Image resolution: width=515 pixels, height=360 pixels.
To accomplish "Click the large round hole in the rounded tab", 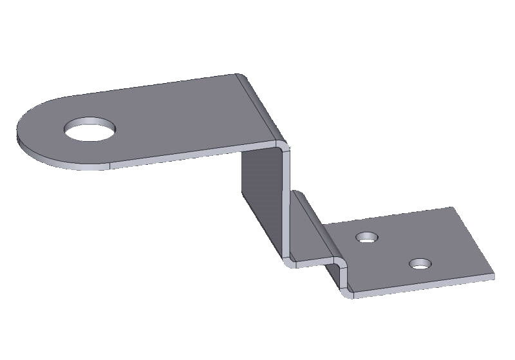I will pos(91,129).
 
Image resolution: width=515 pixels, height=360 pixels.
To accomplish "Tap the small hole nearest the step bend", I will pos(367,238).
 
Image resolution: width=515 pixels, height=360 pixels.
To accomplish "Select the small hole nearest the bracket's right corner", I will pos(420,264).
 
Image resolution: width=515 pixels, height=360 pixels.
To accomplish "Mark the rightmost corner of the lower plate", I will pos(494,275).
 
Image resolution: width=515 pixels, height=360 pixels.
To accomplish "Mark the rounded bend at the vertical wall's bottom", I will pos(288,260).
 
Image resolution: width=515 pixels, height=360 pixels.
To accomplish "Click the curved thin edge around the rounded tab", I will pos(39,155).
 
